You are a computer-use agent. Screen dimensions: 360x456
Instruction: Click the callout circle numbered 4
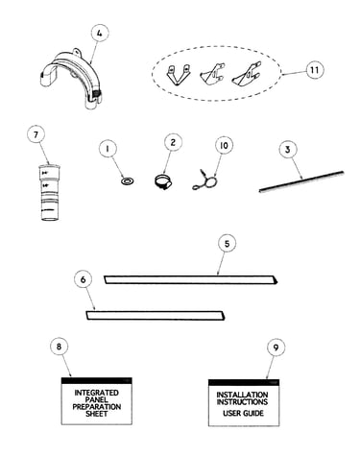(x=100, y=34)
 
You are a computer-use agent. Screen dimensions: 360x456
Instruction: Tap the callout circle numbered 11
(x=315, y=70)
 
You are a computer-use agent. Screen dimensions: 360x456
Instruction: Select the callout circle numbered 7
(x=36, y=134)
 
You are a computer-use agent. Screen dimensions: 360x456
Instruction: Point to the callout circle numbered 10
(x=224, y=145)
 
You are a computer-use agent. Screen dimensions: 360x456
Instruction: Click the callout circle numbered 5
(x=227, y=244)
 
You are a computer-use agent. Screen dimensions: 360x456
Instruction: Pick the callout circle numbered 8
(x=60, y=347)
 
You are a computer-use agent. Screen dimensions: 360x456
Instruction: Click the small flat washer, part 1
(x=128, y=181)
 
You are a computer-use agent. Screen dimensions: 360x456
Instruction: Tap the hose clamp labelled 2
(x=163, y=182)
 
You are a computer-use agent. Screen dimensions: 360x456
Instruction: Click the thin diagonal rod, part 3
(x=301, y=181)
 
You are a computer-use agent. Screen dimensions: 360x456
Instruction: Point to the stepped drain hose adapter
(x=50, y=192)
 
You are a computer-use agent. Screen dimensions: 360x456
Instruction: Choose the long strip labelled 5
(x=191, y=279)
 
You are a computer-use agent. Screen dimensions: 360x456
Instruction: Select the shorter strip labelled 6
(x=156, y=315)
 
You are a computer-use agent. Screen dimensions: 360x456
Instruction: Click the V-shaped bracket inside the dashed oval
(x=178, y=75)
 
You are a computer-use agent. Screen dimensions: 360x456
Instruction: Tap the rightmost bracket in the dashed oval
(x=246, y=75)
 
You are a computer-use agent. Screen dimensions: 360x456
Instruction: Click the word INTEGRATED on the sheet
(x=97, y=393)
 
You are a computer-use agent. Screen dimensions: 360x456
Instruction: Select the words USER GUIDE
(x=244, y=413)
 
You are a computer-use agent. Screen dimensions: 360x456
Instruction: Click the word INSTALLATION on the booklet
(x=242, y=395)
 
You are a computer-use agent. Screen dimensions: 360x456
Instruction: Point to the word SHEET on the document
(x=97, y=414)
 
